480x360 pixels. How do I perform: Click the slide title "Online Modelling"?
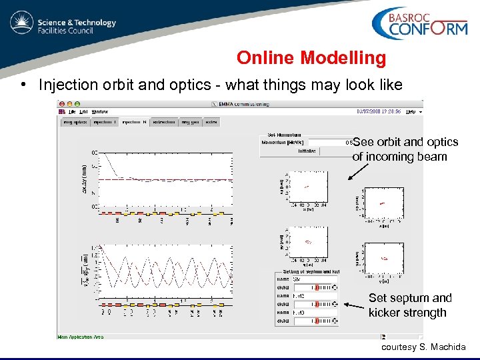(x=311, y=58)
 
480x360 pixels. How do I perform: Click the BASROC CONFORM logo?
(x=419, y=25)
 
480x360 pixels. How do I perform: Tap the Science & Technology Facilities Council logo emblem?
(x=22, y=25)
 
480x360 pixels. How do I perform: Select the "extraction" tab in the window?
(x=163, y=122)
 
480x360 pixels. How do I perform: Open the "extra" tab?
(x=211, y=122)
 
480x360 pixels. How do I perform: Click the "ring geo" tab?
(x=190, y=122)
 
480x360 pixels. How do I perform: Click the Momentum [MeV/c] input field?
(x=327, y=143)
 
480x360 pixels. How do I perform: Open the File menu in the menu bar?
(x=72, y=111)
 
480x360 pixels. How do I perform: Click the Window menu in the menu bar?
(x=100, y=111)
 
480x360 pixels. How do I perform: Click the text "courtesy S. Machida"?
(x=424, y=347)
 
